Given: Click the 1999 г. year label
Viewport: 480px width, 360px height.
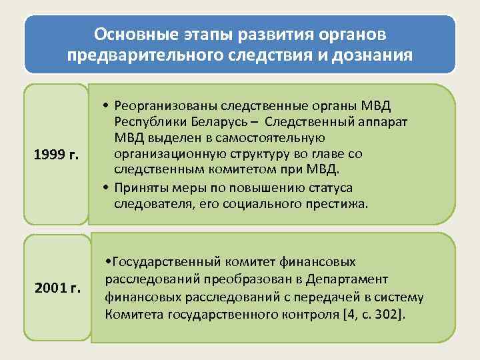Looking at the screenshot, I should click(56, 155).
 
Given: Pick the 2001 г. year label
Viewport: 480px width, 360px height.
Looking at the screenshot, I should click(57, 289).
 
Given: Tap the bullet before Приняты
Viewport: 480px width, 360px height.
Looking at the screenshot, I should click(107, 188).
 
